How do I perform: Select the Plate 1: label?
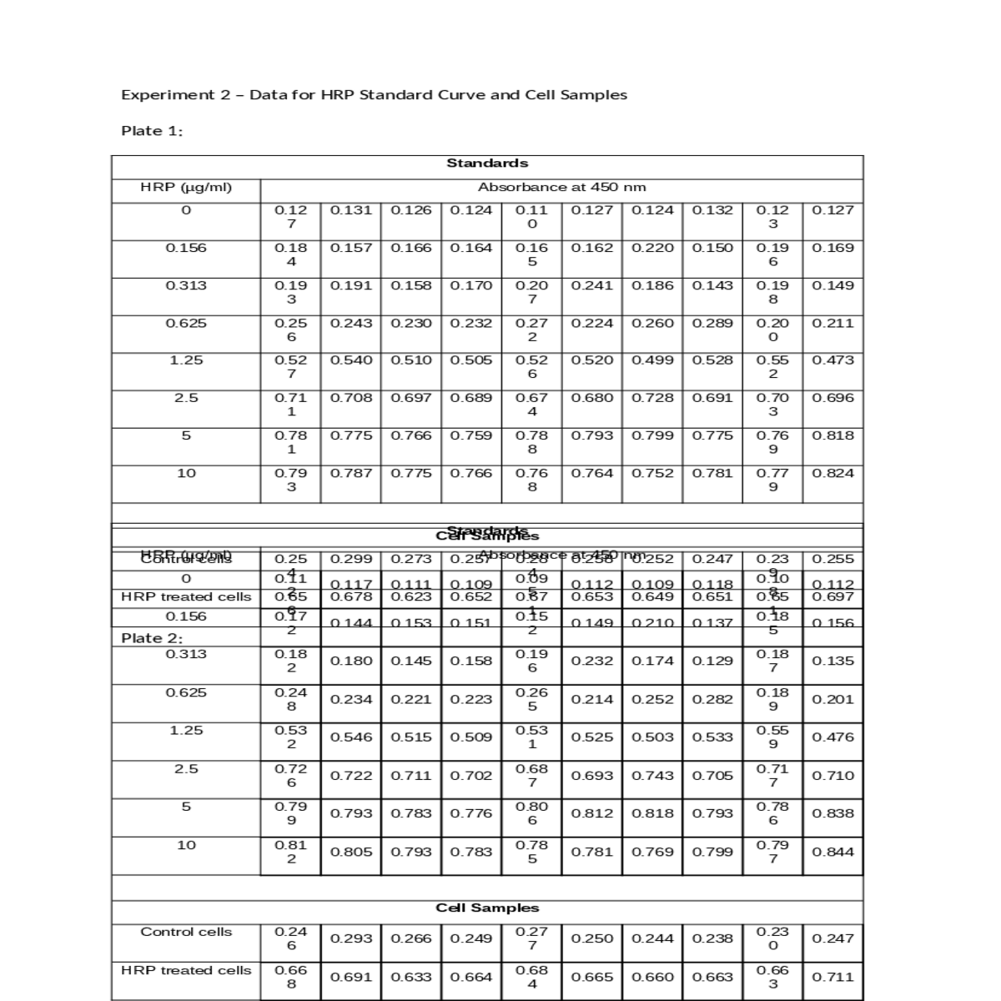pos(152,131)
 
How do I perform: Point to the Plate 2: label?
pos(152,638)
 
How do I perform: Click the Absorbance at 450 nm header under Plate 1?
pos(561,188)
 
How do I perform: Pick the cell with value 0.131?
pos(351,210)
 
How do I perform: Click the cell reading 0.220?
pos(652,248)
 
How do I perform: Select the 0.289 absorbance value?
pos(712,323)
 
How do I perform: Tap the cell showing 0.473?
pos(832,360)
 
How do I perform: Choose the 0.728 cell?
pos(652,398)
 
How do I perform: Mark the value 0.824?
pos(832,473)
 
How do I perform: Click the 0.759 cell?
pos(471,435)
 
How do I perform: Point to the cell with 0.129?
pos(712,661)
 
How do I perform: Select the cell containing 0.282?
pos(712,699)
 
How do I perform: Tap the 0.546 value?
pos(351,737)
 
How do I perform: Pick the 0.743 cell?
pos(652,776)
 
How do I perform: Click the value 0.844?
pos(832,852)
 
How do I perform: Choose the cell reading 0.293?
pos(351,938)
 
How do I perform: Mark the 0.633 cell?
pos(411,977)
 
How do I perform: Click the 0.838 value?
pos(832,813)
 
